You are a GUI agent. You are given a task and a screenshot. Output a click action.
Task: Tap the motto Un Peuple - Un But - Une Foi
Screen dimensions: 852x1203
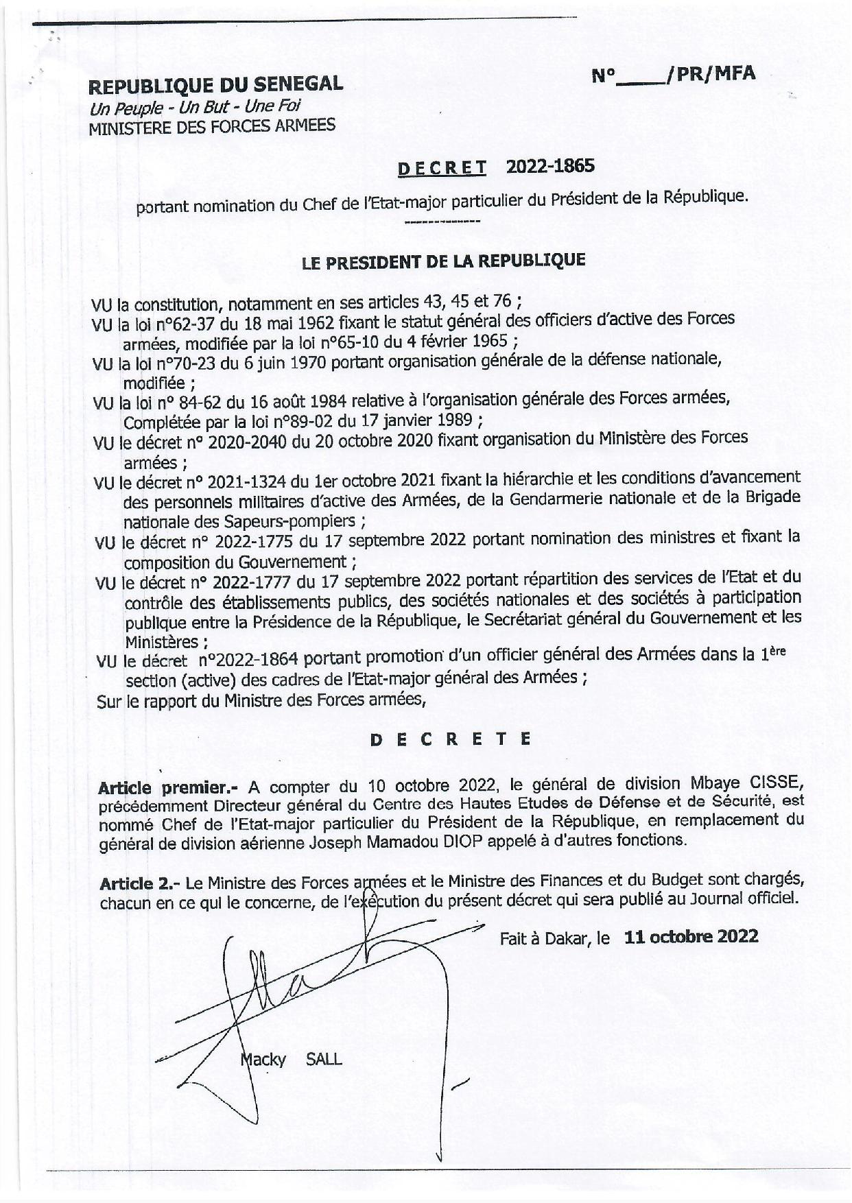click(x=195, y=107)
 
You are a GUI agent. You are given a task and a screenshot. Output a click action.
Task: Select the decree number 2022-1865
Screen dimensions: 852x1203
click(x=550, y=166)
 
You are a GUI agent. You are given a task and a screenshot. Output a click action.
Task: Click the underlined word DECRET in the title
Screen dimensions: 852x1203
click(x=442, y=168)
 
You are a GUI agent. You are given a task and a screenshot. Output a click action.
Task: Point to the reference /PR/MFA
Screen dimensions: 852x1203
click(x=710, y=73)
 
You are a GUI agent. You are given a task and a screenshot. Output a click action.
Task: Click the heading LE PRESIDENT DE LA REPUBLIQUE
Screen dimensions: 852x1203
click(x=443, y=261)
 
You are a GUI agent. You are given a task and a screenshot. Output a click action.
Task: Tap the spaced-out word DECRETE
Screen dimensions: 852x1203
click(x=450, y=739)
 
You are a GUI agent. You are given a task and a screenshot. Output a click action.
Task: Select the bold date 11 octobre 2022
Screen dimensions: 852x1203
click(x=691, y=937)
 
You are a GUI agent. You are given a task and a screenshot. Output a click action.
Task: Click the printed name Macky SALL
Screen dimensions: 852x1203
click(x=291, y=1060)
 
